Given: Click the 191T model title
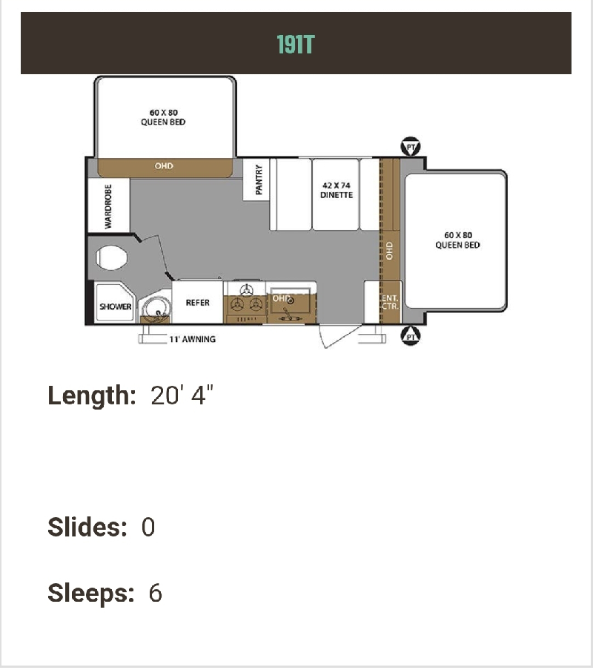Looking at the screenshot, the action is click(x=296, y=44).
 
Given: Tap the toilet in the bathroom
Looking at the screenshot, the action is click(x=112, y=257).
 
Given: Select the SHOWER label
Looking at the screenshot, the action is click(x=116, y=306).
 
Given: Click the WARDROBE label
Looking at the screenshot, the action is click(x=108, y=206).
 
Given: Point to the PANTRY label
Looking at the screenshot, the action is click(x=259, y=180).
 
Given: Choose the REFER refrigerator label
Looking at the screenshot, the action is click(x=198, y=303).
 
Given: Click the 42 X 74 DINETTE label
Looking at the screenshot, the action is click(x=337, y=190).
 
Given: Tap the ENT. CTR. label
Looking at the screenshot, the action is click(x=390, y=302).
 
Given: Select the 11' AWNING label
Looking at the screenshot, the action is click(x=192, y=339).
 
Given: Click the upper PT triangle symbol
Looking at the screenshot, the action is click(x=411, y=147).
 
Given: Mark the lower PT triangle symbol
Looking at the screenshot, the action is click(x=411, y=336).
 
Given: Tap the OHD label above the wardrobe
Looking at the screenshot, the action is click(x=164, y=165).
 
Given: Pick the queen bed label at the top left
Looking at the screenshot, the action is click(x=163, y=117).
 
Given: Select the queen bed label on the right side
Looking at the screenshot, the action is click(x=457, y=240).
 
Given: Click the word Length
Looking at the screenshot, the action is click(x=92, y=395).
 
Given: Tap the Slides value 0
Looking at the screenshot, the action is click(x=148, y=527).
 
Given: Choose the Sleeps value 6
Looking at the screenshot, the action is click(x=156, y=593).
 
